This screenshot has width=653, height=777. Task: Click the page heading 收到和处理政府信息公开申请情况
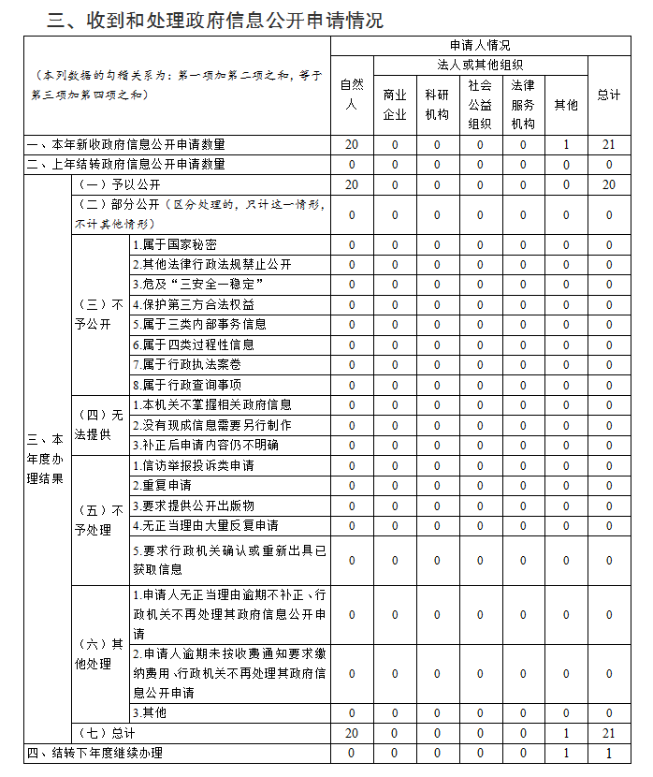click(x=215, y=20)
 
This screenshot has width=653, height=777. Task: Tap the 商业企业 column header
click(x=395, y=105)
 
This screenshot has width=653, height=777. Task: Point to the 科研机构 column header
click(x=437, y=105)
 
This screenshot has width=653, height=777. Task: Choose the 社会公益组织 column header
click(x=480, y=105)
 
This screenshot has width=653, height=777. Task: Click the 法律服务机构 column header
click(x=523, y=105)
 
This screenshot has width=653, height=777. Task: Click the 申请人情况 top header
click(x=480, y=45)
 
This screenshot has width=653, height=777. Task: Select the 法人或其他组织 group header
click(x=480, y=65)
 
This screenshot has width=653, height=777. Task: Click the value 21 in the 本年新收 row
click(x=609, y=145)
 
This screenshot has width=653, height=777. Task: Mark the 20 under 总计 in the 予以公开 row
click(x=609, y=184)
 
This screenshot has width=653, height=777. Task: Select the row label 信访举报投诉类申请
click(x=193, y=465)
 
